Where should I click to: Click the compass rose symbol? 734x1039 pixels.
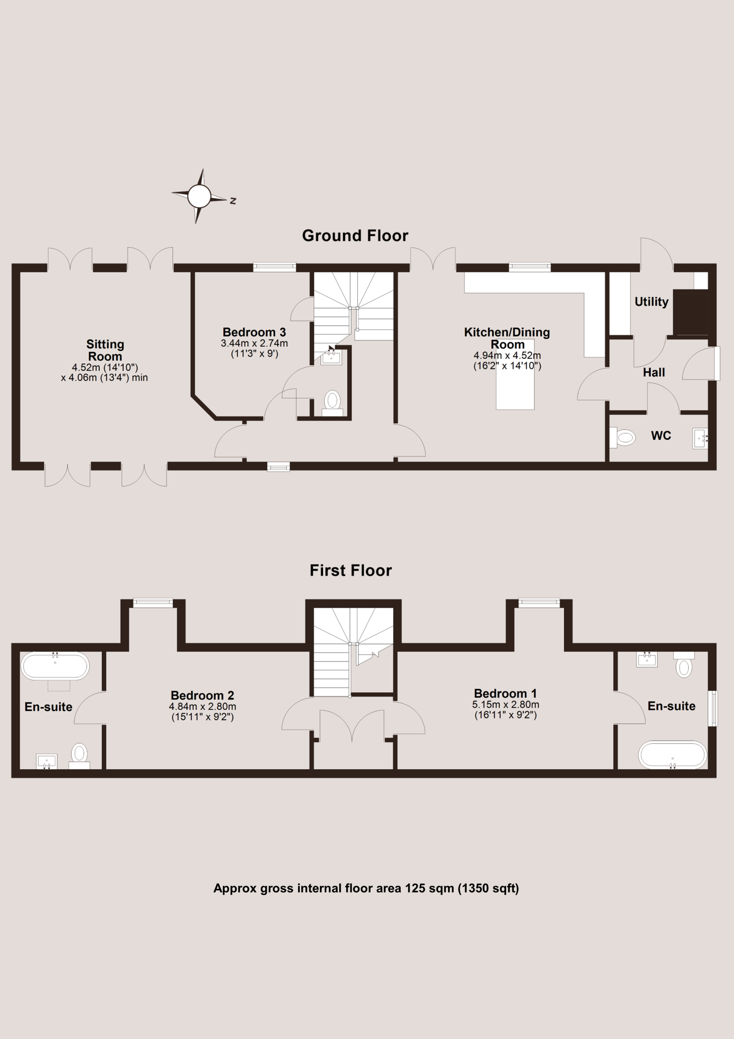click(x=199, y=196)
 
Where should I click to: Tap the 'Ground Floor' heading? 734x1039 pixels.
click(x=355, y=236)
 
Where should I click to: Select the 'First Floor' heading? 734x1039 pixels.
click(x=350, y=571)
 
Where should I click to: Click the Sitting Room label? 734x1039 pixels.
click(x=105, y=350)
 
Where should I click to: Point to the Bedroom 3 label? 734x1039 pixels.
click(x=254, y=332)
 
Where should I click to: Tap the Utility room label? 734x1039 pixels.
click(x=651, y=302)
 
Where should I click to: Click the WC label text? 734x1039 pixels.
click(x=661, y=436)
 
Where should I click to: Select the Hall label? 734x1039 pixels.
click(x=654, y=373)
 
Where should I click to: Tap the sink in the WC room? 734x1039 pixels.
click(x=700, y=438)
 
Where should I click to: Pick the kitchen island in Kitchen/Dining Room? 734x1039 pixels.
click(x=515, y=374)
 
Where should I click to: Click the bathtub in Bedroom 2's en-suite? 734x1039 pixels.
click(x=55, y=666)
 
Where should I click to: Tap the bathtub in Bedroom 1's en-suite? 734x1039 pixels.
click(x=672, y=755)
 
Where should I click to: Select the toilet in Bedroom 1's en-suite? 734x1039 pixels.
click(x=684, y=664)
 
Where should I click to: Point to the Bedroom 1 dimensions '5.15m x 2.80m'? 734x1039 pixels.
click(x=506, y=705)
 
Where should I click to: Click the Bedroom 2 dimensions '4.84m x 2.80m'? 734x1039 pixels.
click(x=203, y=706)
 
